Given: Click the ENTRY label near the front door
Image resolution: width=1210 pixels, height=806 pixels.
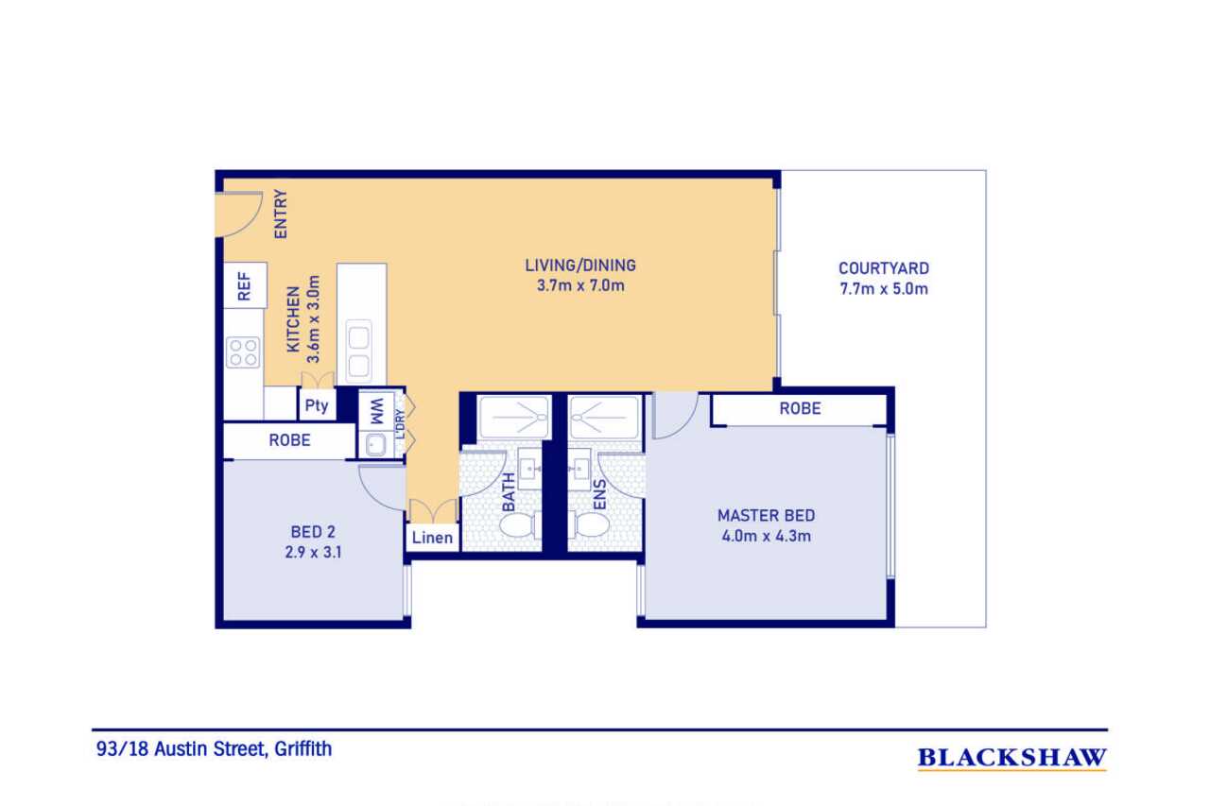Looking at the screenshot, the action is (x=281, y=214).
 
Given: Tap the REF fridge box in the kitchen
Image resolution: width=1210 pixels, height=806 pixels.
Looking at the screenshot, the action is (x=245, y=285).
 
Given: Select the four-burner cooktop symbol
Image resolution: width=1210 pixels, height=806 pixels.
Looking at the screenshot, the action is (x=243, y=352).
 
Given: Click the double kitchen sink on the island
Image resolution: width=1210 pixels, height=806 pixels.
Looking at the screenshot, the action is (x=358, y=350).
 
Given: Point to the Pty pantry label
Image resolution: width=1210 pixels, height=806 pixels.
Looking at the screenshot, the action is (x=317, y=404).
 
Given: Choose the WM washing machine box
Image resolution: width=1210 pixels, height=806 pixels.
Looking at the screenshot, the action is (x=376, y=411).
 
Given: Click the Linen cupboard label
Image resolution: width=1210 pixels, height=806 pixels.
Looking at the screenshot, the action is (x=432, y=538).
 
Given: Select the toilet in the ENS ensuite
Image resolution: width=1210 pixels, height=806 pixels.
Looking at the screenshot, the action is (x=590, y=524).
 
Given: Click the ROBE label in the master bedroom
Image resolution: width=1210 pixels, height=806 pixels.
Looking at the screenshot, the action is (x=800, y=408).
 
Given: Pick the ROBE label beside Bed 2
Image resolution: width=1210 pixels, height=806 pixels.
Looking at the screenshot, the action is (x=289, y=440).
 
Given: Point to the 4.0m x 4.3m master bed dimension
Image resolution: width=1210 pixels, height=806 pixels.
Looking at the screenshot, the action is (x=766, y=536).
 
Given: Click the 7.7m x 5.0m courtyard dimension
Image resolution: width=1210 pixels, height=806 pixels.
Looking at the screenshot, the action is (x=884, y=289).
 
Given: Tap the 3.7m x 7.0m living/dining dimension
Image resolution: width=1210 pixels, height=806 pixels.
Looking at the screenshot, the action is (x=580, y=285).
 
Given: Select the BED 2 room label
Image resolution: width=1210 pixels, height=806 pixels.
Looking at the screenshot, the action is (x=313, y=532).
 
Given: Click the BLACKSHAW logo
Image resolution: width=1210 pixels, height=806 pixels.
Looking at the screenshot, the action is (x=1012, y=758).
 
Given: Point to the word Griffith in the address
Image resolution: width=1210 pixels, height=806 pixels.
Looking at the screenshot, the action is (x=303, y=749).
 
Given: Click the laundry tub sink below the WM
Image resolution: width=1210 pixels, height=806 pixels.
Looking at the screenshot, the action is (x=376, y=445).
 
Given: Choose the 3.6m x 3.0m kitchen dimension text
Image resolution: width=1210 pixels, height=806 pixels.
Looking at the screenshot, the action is (x=313, y=319).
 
